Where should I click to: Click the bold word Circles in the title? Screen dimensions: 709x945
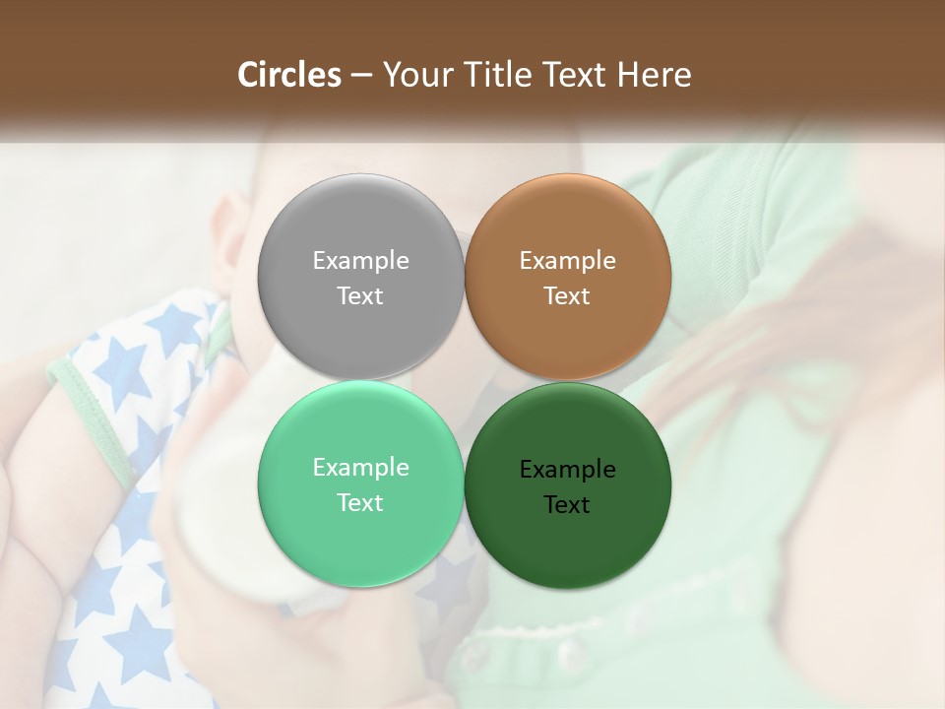[x=288, y=75]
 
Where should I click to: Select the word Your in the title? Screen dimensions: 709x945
[x=413, y=75]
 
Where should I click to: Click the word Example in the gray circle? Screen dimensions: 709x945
[x=360, y=260]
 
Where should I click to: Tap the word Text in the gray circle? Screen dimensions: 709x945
[x=360, y=295]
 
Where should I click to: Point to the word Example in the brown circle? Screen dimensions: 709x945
[x=567, y=260]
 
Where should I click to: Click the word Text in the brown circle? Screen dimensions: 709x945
[x=567, y=295]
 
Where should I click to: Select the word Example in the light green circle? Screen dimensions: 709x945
[x=360, y=467]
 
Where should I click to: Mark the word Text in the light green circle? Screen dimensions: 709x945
[x=360, y=502]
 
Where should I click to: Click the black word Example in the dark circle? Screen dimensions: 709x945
[x=567, y=469]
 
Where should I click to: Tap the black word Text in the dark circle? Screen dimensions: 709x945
[x=567, y=504]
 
